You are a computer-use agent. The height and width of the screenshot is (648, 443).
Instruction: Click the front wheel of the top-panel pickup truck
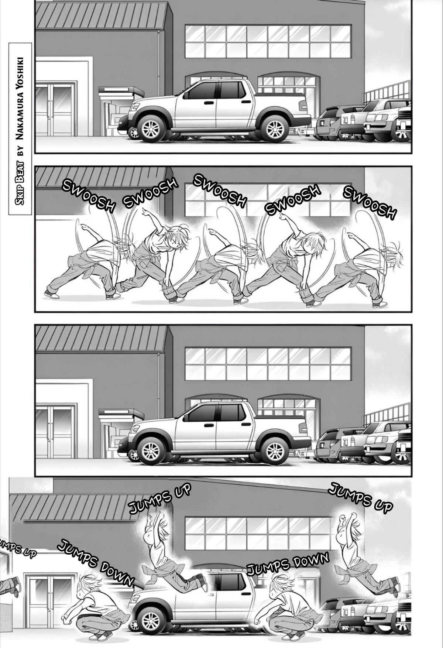tap(151, 128)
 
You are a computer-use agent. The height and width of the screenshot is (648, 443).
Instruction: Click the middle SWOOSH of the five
tap(220, 191)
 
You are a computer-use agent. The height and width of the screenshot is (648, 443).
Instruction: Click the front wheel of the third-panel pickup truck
tap(151, 450)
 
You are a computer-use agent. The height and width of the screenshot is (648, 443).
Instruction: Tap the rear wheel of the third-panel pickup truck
tap(274, 450)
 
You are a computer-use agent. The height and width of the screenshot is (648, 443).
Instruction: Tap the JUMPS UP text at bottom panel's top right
tap(360, 497)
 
